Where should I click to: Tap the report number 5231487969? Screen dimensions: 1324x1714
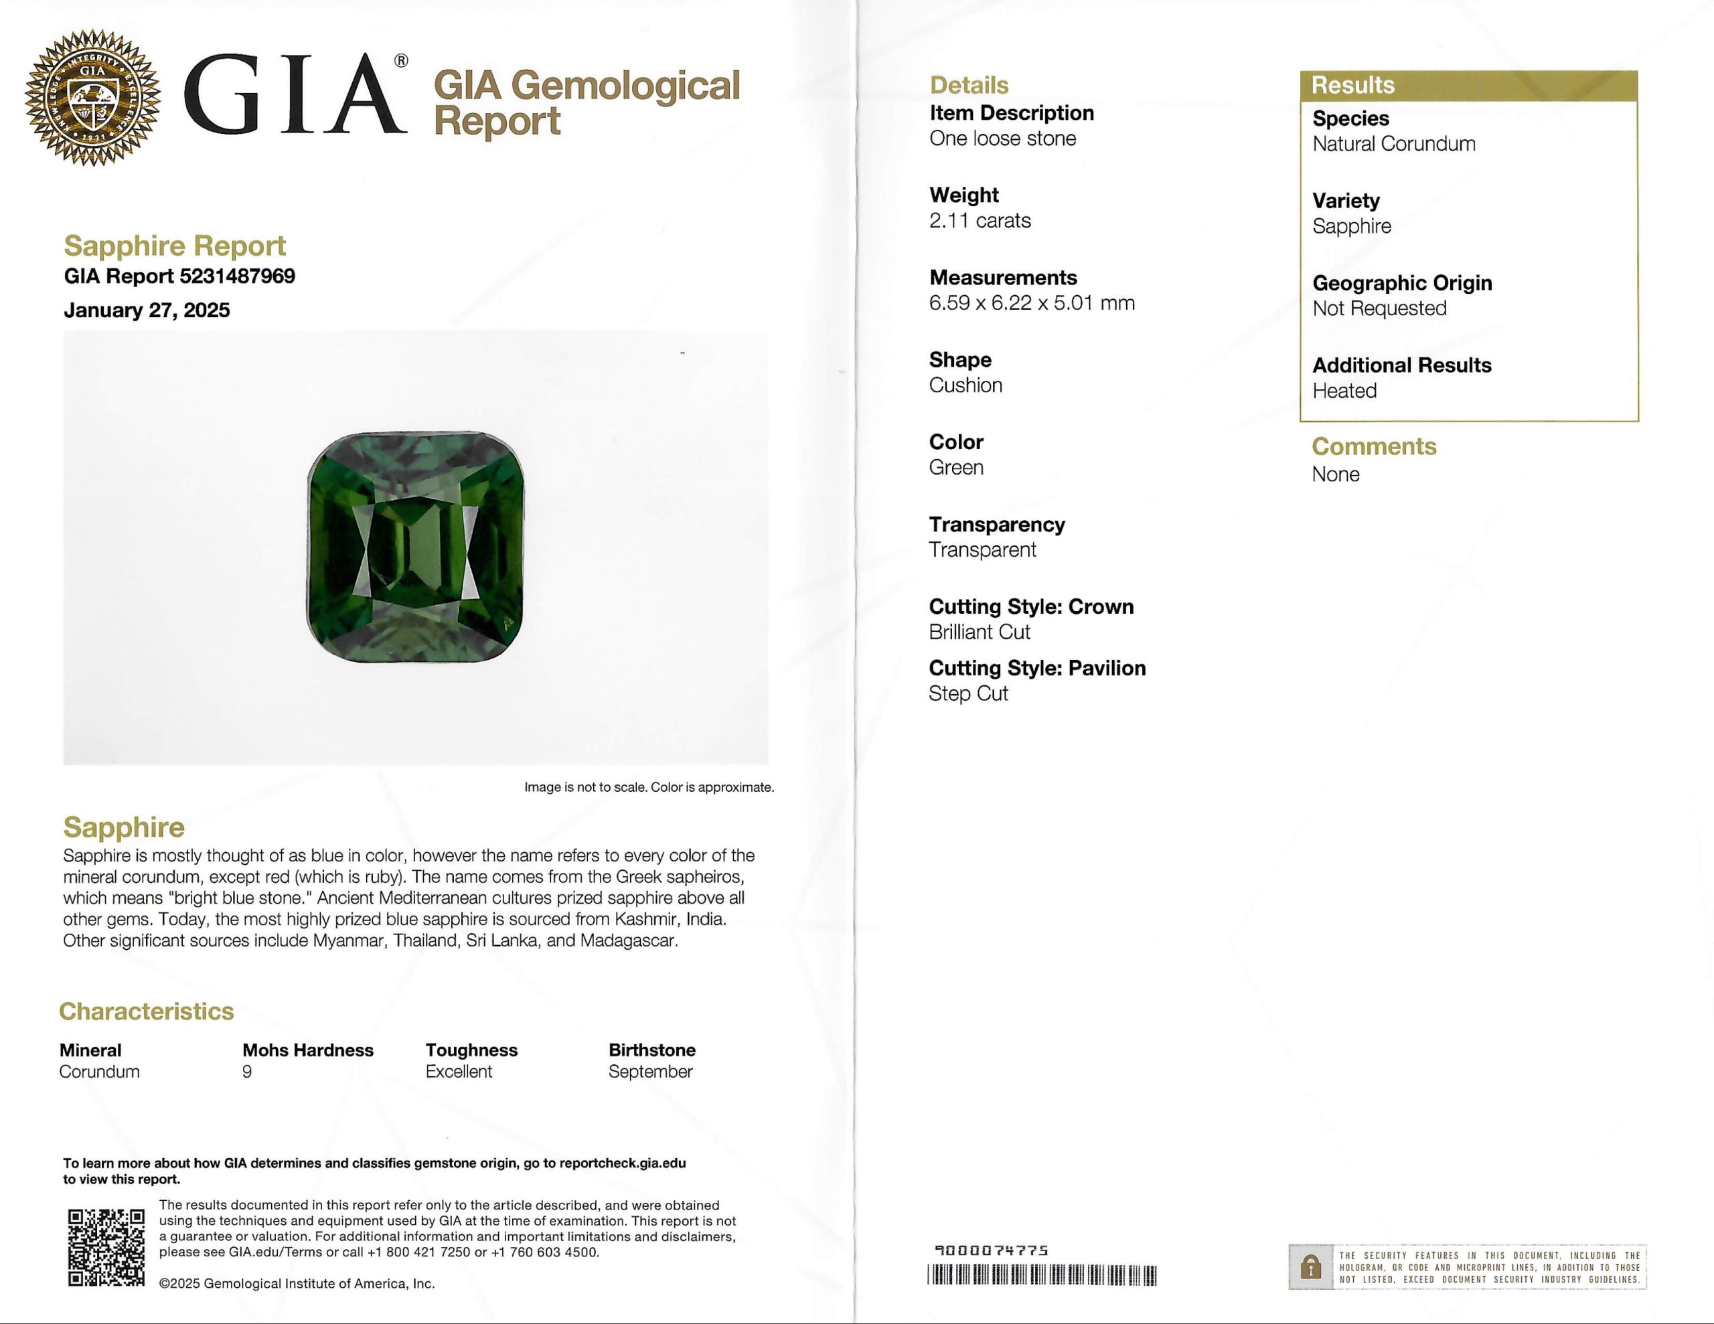tap(237, 276)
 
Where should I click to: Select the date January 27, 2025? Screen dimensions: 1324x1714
tap(147, 310)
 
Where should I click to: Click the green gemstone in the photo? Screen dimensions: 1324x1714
tap(415, 547)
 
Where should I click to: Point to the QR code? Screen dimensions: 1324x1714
tap(106, 1247)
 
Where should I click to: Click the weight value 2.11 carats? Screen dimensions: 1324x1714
tap(980, 220)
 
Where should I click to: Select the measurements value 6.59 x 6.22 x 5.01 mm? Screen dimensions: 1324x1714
tap(1031, 303)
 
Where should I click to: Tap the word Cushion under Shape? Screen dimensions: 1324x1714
tap(965, 386)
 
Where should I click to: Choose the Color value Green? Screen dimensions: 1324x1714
tap(956, 468)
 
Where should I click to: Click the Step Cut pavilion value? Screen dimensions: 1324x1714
tap(967, 693)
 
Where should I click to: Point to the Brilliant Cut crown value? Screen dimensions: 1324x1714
tap(979, 633)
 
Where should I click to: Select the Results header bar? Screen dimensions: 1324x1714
tap(1468, 86)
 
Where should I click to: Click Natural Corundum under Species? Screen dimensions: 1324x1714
tap(1393, 145)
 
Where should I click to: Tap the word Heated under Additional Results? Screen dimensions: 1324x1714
tap(1344, 391)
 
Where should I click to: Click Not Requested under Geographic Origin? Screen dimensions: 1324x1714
tap(1379, 309)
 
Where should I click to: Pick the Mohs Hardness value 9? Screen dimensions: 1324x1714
tap(247, 1072)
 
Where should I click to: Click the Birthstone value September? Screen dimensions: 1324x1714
tap(650, 1072)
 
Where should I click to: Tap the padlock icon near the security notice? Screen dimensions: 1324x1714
tap(1310, 1266)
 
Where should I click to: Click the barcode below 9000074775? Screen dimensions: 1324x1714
tap(1041, 1275)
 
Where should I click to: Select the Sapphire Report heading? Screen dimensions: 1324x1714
tap(174, 246)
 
